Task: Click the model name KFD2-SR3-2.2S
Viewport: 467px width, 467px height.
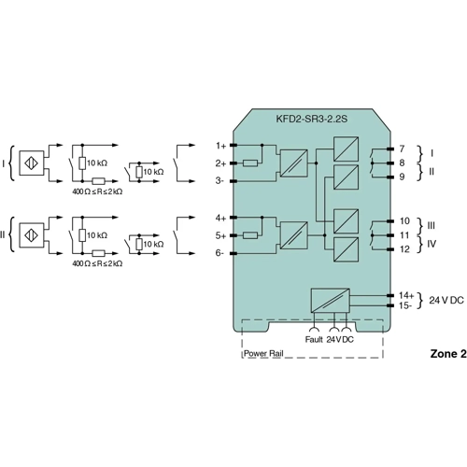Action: click(x=310, y=120)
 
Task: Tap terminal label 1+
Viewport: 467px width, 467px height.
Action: click(x=220, y=146)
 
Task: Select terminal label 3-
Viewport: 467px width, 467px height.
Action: click(x=220, y=180)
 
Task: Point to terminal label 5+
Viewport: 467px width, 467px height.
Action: click(x=220, y=235)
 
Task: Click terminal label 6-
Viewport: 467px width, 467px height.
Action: click(x=220, y=253)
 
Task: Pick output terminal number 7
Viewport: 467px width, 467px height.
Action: click(x=401, y=149)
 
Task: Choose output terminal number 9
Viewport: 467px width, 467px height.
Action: click(x=401, y=177)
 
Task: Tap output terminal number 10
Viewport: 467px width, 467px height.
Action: click(x=403, y=221)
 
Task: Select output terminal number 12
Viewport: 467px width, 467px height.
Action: click(x=403, y=248)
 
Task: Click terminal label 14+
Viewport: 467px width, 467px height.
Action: click(x=405, y=295)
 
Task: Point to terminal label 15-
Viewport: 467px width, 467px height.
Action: click(x=405, y=305)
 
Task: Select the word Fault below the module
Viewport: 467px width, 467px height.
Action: click(x=313, y=339)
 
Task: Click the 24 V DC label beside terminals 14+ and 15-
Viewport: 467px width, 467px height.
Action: click(x=445, y=300)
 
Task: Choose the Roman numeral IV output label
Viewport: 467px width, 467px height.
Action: click(x=432, y=244)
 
